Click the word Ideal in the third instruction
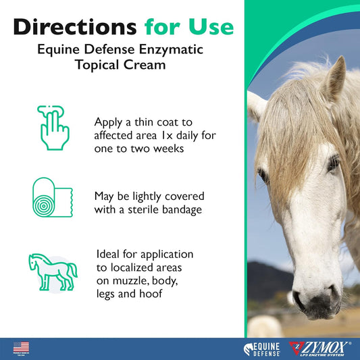tap(111, 254)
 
